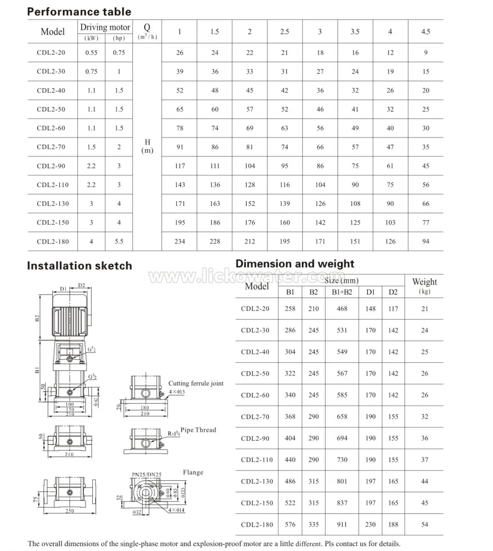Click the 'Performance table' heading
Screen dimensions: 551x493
(x=79, y=11)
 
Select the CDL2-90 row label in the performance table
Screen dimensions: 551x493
(x=51, y=166)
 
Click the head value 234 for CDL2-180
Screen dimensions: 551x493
(x=180, y=241)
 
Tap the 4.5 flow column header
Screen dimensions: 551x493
(x=425, y=32)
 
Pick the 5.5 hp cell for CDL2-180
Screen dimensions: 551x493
(x=119, y=241)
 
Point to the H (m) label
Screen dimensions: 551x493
(x=147, y=146)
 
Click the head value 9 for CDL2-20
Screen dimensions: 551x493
(x=425, y=52)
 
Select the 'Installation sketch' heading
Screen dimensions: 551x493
(x=79, y=266)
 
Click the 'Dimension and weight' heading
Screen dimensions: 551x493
(x=295, y=264)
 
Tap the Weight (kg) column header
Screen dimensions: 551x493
(x=424, y=285)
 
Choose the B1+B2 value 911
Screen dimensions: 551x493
(x=342, y=524)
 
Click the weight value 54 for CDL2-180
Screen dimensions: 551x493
(x=424, y=524)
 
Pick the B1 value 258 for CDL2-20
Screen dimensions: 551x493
(x=290, y=309)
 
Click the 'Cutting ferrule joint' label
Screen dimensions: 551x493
(x=196, y=383)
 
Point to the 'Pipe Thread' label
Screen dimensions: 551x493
(x=198, y=430)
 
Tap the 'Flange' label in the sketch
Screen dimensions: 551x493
(x=193, y=472)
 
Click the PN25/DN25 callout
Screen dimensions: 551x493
(x=147, y=474)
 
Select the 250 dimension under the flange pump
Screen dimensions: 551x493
(x=69, y=511)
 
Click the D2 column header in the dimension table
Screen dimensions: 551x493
(x=393, y=292)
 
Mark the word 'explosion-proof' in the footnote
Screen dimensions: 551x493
(x=257, y=544)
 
